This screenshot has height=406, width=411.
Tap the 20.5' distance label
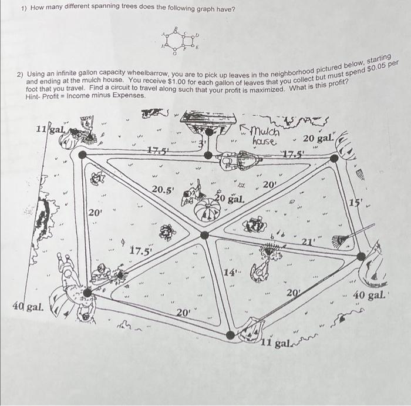(x=163, y=190)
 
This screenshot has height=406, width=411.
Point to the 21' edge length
(x=309, y=242)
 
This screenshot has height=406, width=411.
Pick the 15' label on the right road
(x=356, y=203)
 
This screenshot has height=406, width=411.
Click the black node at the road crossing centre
(x=204, y=235)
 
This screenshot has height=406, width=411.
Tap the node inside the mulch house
(x=208, y=155)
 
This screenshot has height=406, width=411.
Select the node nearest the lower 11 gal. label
(x=230, y=335)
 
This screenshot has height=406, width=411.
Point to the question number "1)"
(x=24, y=9)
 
